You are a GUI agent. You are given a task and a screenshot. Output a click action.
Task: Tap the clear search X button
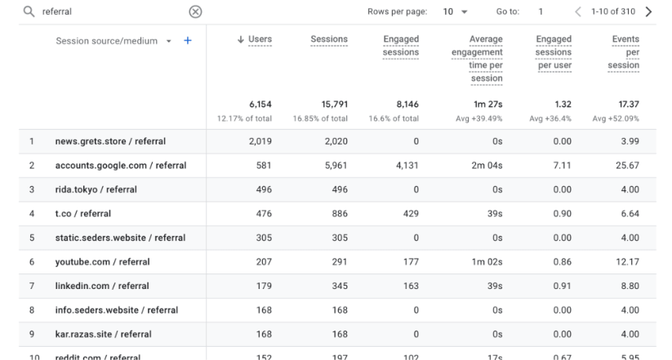pyautogui.click(x=195, y=12)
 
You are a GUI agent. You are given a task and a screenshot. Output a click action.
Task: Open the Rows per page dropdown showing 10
pyautogui.click(x=456, y=12)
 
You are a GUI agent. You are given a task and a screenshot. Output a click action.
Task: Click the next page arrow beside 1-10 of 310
pyautogui.click(x=648, y=12)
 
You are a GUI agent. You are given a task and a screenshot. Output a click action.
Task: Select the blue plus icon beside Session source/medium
pyautogui.click(x=188, y=41)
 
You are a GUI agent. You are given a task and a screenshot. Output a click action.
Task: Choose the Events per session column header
pyautogui.click(x=625, y=52)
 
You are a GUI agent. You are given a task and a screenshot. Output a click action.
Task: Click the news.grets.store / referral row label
pyautogui.click(x=110, y=141)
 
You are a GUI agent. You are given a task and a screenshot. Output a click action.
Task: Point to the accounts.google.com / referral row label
pyautogui.click(x=121, y=166)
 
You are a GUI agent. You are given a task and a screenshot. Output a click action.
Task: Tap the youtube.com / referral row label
pyautogui.click(x=102, y=262)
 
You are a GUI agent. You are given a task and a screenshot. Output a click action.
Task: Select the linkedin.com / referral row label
pyautogui.click(x=102, y=287)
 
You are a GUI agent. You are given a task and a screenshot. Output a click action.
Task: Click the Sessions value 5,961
pyautogui.click(x=333, y=166)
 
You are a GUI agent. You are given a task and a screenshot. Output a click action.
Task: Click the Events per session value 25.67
pyautogui.click(x=625, y=166)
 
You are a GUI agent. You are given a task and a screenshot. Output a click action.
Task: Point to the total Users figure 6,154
pyautogui.click(x=260, y=104)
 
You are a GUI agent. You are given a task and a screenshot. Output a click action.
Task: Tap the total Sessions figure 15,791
pyautogui.click(x=330, y=104)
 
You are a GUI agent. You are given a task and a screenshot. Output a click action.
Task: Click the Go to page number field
pyautogui.click(x=541, y=12)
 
